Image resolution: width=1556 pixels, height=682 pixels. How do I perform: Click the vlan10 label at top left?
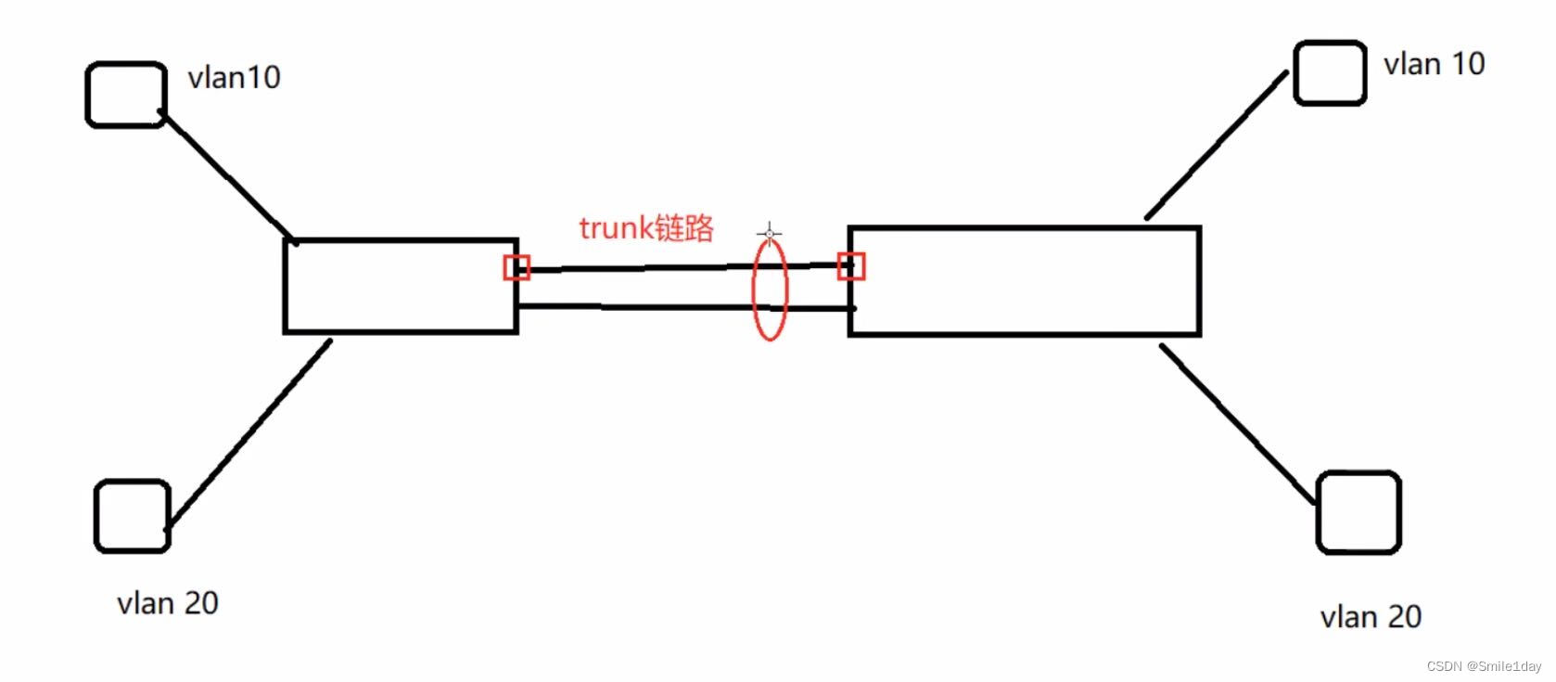(x=234, y=77)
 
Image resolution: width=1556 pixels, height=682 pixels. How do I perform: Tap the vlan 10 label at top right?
(x=1434, y=64)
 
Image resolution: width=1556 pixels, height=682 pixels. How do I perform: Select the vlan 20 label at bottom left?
(x=168, y=603)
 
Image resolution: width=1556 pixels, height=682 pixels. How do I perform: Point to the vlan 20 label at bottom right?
(x=1371, y=617)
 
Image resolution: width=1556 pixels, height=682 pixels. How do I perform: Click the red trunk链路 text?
(x=646, y=228)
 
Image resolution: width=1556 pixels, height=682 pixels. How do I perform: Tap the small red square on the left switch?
(x=517, y=268)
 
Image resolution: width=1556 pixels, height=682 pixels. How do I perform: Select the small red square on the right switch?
(x=851, y=266)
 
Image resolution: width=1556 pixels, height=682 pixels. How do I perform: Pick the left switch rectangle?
(x=401, y=286)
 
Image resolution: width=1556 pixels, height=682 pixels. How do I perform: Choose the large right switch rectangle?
(x=1025, y=280)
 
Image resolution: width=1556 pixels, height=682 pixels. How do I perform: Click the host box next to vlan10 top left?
(x=126, y=95)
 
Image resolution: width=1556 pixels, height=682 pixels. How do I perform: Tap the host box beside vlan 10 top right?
(x=1330, y=72)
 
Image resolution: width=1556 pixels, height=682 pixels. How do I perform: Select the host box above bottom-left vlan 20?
(x=133, y=516)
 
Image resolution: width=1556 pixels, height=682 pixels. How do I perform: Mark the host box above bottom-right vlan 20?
(x=1358, y=512)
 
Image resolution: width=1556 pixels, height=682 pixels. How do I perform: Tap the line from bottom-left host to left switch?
(x=249, y=433)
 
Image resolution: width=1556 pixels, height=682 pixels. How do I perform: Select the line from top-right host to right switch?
(x=1217, y=146)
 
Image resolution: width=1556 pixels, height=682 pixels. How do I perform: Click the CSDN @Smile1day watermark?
(x=1484, y=666)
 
